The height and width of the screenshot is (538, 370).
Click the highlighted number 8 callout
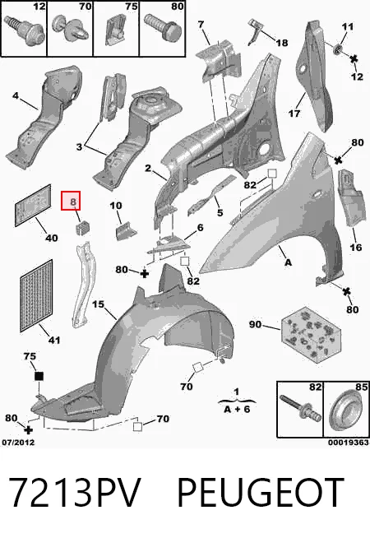coord(71,201)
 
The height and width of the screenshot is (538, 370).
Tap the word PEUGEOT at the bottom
coord(261,493)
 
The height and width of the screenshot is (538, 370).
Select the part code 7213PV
coord(75,493)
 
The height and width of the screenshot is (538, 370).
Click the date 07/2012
coord(18,443)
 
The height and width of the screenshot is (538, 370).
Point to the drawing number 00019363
coord(348,443)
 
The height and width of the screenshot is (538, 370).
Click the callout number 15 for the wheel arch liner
coord(98,304)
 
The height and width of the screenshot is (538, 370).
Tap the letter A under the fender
coord(289,262)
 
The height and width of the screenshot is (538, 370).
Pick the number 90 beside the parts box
coord(255,324)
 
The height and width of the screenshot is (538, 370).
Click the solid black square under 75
coord(39,376)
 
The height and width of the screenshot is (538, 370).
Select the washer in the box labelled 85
coord(345,410)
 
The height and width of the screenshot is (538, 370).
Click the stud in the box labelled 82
coord(300,407)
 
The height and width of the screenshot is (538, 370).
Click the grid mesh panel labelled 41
coord(36,296)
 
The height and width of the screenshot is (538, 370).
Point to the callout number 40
coord(52,238)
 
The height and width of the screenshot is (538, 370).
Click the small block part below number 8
coord(82,228)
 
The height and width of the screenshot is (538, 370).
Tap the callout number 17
coord(294,114)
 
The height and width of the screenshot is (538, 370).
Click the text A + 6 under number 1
coord(237,409)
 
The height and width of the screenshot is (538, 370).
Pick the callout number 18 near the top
coord(282,43)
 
